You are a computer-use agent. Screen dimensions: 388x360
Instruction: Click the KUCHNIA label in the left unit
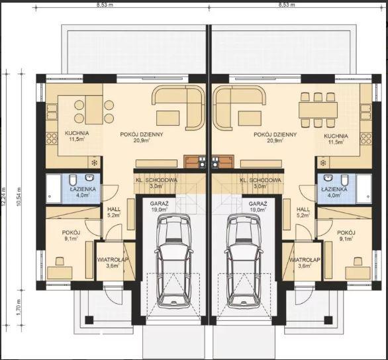[77, 133]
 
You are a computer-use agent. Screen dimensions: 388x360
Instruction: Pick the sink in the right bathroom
[328, 178]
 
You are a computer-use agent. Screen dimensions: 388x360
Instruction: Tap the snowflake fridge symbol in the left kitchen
[94, 163]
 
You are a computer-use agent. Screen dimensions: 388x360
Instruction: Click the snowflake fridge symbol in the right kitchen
[323, 163]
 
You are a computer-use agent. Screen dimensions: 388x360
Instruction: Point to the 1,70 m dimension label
[19, 307]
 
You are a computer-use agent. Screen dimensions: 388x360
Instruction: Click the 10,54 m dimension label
[19, 197]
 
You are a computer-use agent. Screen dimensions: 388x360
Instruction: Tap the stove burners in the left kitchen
[52, 138]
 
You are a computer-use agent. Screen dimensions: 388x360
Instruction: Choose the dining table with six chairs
[318, 110]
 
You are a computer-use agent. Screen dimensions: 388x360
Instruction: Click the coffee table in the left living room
[168, 118]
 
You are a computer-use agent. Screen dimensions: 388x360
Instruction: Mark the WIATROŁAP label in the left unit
[113, 260]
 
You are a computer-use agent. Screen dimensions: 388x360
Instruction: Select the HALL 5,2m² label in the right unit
[303, 212]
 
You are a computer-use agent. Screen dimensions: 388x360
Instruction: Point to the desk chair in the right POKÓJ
[358, 261]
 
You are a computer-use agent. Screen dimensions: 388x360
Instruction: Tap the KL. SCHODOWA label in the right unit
[261, 180]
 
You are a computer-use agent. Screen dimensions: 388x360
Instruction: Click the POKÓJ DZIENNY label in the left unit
[142, 134]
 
